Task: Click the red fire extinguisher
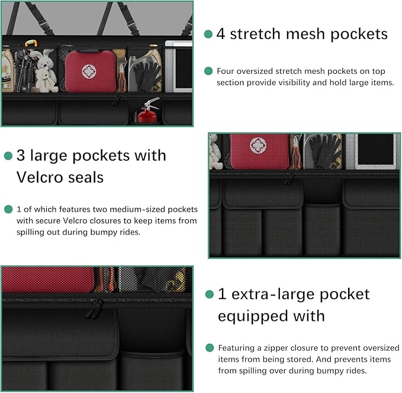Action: click(148, 113)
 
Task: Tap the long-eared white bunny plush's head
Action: click(43, 60)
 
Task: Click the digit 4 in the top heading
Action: click(221, 34)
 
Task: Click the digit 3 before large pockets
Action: click(21, 156)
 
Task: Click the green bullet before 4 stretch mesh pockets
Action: click(208, 34)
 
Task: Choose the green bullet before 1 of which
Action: click(8, 209)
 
